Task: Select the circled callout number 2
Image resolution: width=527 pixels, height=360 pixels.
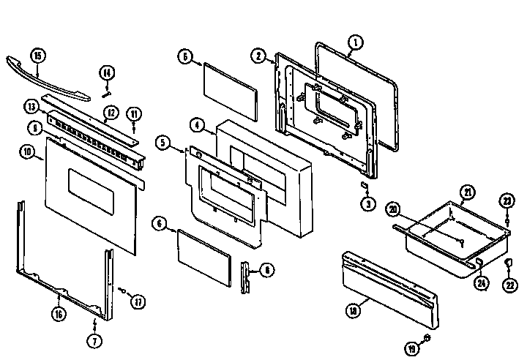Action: point(259,55)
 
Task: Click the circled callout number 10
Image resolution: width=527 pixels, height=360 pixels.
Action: point(27,152)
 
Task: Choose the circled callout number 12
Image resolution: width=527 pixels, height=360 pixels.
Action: point(111,113)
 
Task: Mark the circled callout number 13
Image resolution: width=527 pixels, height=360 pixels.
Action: point(31,106)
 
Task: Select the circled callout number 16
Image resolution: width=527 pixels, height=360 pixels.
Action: point(57,315)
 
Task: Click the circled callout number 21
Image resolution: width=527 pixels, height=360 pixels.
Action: point(467,192)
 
